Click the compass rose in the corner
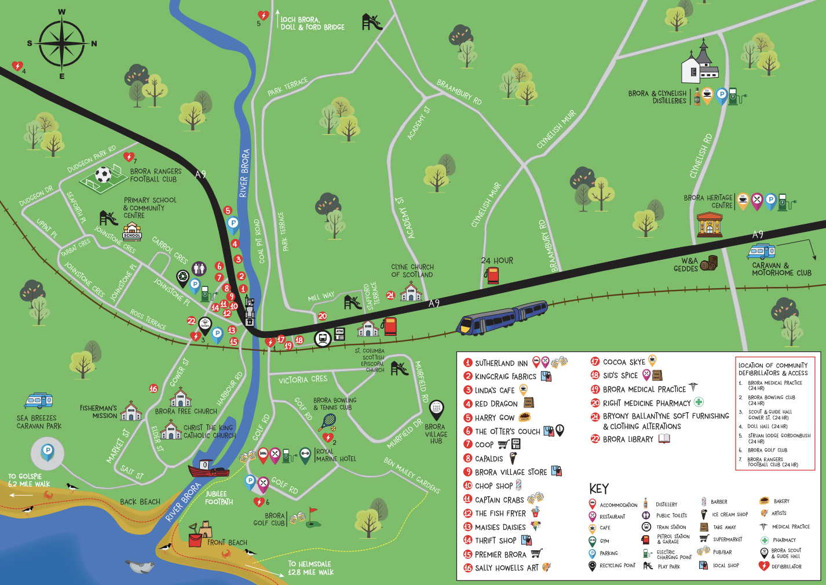(61, 43)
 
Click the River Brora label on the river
(244, 173)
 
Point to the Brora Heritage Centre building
(710, 224)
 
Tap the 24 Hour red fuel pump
(492, 275)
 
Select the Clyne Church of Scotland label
(412, 271)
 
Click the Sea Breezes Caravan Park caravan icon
(39, 401)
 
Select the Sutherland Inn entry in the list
(501, 363)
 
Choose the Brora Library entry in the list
(628, 439)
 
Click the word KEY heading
(599, 488)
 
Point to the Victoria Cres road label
(303, 380)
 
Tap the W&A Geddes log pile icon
(709, 263)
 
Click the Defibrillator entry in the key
(786, 566)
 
